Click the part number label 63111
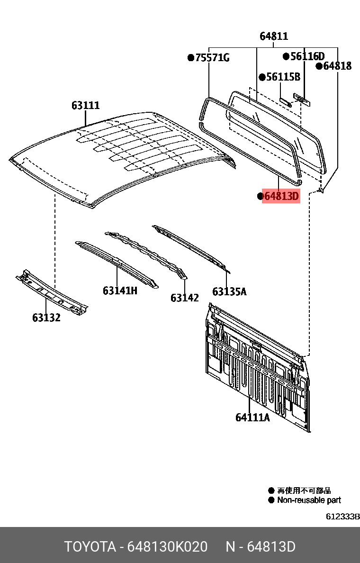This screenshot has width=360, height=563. point(86,105)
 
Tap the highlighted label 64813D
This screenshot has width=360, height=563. point(281,196)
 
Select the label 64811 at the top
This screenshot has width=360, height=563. point(274,36)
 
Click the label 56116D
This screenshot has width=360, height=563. point(307,56)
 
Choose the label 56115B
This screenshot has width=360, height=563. point(283,77)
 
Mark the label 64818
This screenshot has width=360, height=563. point(337,66)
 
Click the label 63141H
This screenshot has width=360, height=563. point(120,290)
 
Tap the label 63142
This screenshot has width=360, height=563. point(185,298)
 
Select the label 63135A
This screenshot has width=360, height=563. point(229,291)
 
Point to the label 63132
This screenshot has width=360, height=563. point(46,318)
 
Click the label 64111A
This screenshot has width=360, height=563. point(252,418)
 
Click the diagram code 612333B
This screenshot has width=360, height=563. point(342,516)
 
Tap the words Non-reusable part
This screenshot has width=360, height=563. point(309,500)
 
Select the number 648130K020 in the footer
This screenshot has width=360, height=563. point(168,547)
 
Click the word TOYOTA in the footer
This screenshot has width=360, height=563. point(90,547)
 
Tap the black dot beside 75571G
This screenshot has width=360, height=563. point(190,58)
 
